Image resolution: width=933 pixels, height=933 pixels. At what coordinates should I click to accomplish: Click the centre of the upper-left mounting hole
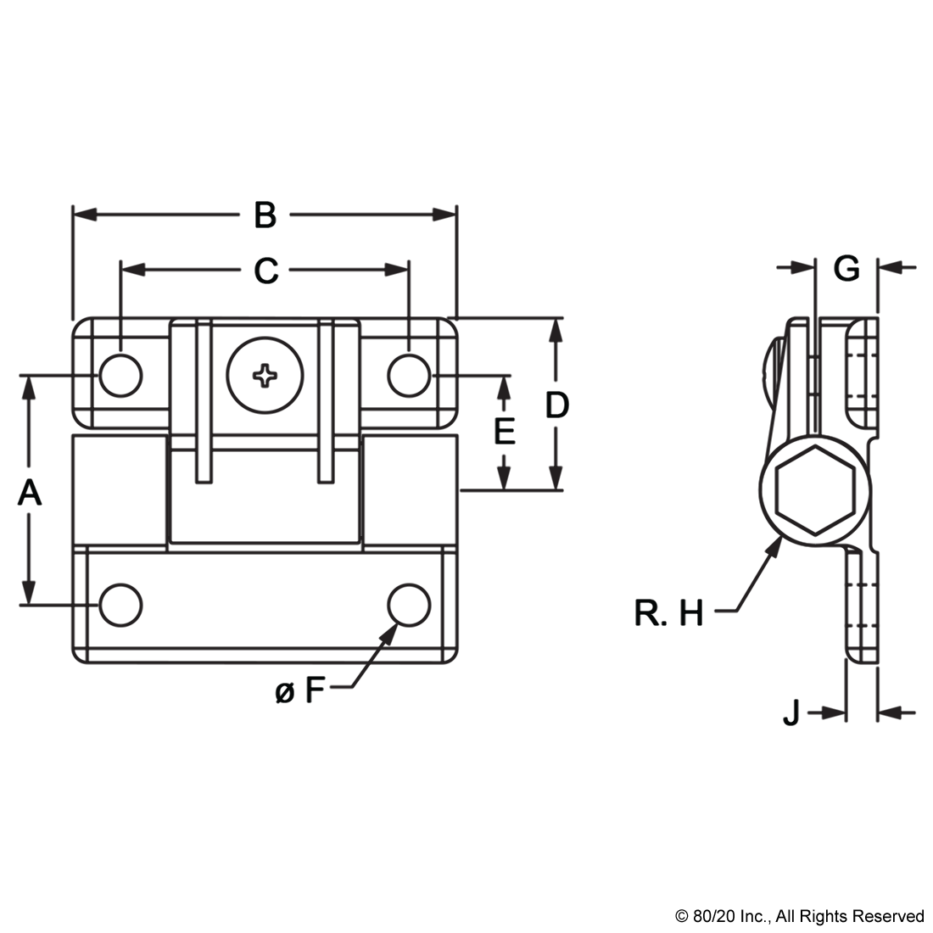[120, 376]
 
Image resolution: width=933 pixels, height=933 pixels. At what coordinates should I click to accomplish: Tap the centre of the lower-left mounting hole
[120, 605]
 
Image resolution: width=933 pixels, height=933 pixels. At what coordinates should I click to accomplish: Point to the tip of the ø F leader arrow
[398, 625]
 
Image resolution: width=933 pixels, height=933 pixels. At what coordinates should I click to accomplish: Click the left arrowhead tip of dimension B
[73, 215]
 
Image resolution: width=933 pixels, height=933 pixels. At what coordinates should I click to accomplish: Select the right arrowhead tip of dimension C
[408, 270]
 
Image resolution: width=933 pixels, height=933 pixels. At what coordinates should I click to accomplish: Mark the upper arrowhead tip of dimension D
[556, 319]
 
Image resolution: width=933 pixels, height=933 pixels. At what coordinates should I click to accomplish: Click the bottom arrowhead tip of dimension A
[27, 605]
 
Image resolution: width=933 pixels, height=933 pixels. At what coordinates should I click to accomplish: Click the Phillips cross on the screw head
[265, 376]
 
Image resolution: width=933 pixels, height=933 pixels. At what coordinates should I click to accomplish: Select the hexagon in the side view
[816, 489]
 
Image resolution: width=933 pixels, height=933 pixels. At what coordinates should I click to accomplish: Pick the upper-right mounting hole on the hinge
[409, 376]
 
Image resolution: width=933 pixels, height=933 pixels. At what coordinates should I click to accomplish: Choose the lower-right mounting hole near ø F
[409, 605]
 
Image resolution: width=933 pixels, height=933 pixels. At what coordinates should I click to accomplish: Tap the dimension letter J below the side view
[791, 712]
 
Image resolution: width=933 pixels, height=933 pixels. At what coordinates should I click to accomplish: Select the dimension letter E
[505, 432]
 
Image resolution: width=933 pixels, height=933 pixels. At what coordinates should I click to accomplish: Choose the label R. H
[669, 613]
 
